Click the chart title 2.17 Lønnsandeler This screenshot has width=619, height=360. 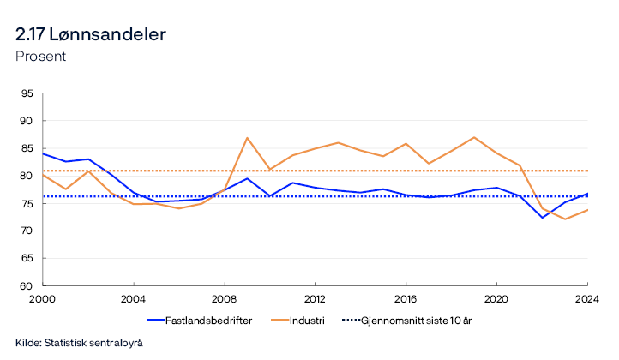(x=91, y=35)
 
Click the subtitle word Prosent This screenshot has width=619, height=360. (x=41, y=57)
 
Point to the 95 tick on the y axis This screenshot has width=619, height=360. (x=27, y=93)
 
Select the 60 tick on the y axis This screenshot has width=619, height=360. (x=27, y=285)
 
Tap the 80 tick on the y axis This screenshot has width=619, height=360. (x=27, y=176)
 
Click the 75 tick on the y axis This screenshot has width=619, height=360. (x=27, y=203)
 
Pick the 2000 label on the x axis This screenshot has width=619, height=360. (x=43, y=298)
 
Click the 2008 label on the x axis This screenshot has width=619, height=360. (x=225, y=298)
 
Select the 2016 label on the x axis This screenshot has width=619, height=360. (x=406, y=298)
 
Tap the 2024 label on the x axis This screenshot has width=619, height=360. (x=587, y=298)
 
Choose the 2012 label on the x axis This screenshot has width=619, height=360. (x=315, y=298)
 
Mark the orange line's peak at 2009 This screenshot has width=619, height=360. (x=247, y=138)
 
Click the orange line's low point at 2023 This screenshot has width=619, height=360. (x=565, y=219)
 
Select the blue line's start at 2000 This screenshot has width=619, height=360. (x=43, y=153)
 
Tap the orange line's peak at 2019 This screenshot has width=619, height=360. (x=474, y=137)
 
